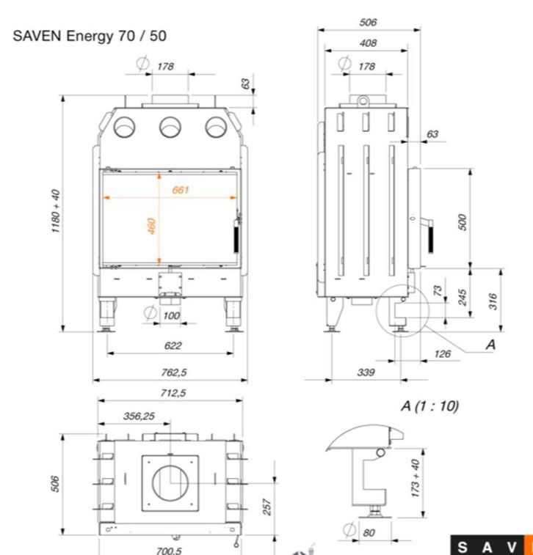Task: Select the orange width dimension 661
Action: coord(181,190)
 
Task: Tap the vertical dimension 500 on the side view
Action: coord(462,222)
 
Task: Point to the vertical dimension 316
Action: coord(493,301)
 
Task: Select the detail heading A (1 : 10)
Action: coord(429,405)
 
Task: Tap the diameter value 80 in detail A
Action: coord(369,533)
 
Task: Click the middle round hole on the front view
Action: coord(170,128)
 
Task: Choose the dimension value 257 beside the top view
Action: coord(267,507)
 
